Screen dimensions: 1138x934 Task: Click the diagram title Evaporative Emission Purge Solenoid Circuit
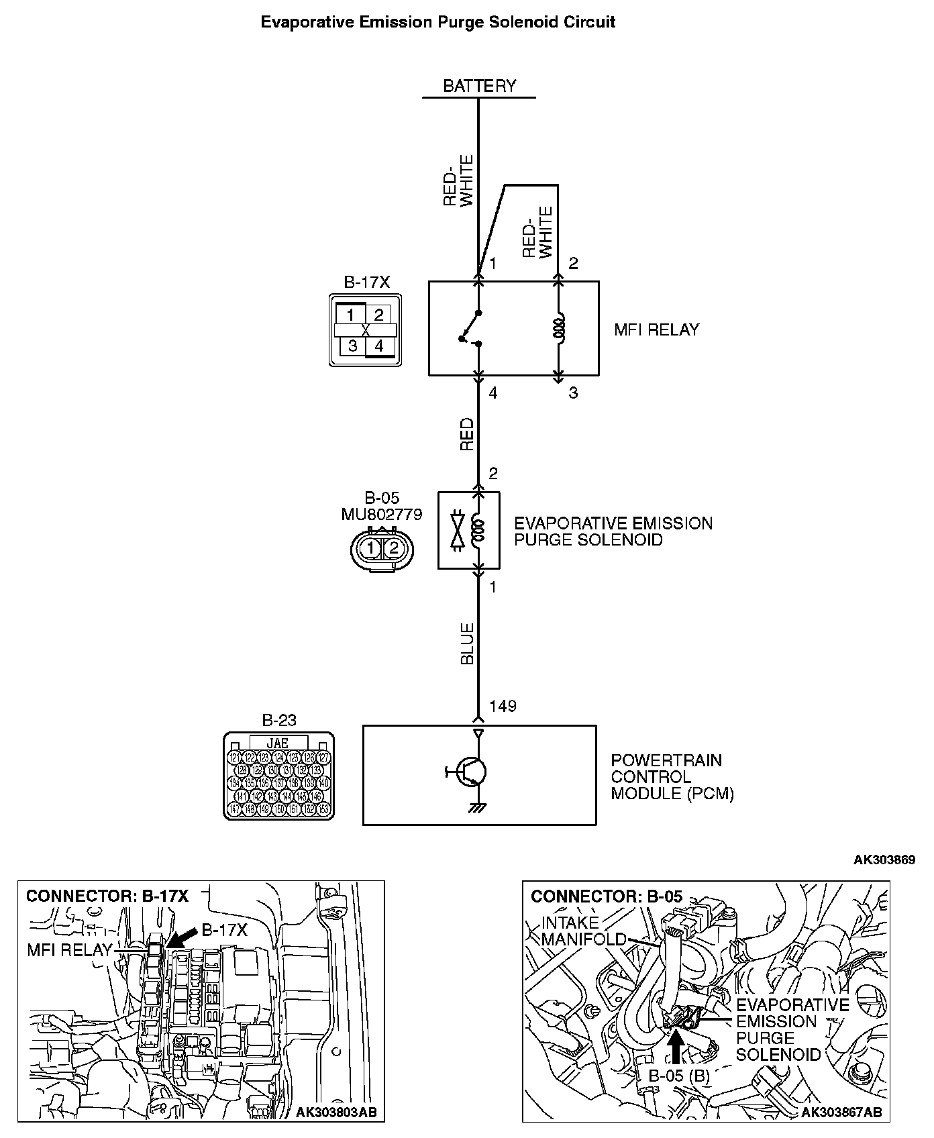click(x=437, y=22)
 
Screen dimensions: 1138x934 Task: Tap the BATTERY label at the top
click(x=479, y=86)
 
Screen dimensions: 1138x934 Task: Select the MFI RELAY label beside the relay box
click(x=656, y=329)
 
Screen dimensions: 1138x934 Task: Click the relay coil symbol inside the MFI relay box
click(x=558, y=327)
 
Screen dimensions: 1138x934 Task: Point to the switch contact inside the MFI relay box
click(x=470, y=328)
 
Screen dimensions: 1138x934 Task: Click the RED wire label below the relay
click(x=467, y=434)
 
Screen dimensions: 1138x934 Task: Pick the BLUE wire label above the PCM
click(x=467, y=643)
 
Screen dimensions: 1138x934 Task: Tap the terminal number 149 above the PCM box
click(x=503, y=706)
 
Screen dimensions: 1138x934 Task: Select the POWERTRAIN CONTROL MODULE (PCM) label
click(x=672, y=777)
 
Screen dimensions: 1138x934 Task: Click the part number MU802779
click(x=382, y=515)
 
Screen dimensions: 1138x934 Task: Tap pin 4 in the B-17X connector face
click(x=379, y=346)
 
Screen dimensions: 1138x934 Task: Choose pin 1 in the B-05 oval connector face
click(x=370, y=549)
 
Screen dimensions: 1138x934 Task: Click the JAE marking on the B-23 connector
click(x=278, y=743)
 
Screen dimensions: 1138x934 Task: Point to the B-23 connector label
click(x=278, y=721)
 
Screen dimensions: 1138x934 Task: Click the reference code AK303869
click(x=884, y=860)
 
